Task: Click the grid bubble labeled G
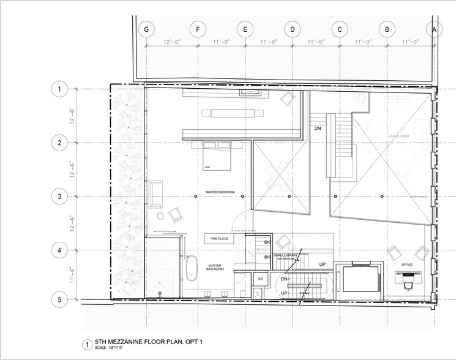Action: click(x=146, y=29)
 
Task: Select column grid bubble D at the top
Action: click(x=292, y=29)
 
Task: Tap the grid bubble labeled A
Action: click(x=435, y=29)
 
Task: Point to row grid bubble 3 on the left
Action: click(x=59, y=197)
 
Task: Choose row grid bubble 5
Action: click(x=59, y=300)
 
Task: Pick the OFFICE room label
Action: click(x=406, y=264)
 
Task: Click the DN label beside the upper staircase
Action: click(x=318, y=129)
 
